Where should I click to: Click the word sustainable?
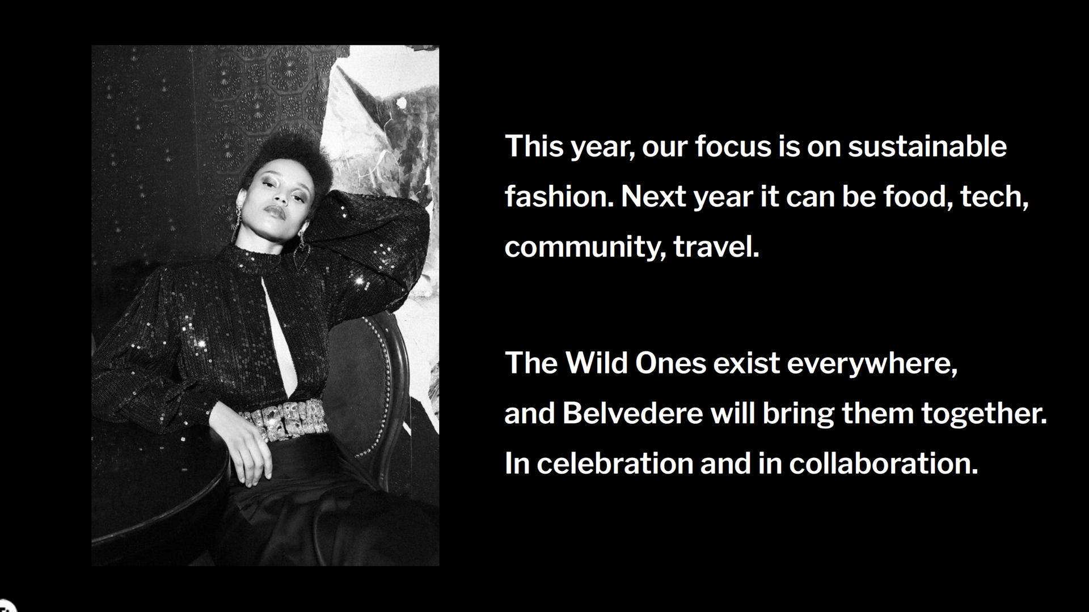click(x=927, y=146)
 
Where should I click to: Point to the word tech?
click(x=995, y=197)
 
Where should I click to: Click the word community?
click(x=585, y=247)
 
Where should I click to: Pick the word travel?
click(x=716, y=246)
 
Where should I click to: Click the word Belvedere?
click(x=633, y=413)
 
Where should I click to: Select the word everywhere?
click(x=872, y=363)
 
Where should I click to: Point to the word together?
click(x=984, y=414)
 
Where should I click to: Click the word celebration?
click(x=615, y=464)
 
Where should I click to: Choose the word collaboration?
click(x=884, y=464)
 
